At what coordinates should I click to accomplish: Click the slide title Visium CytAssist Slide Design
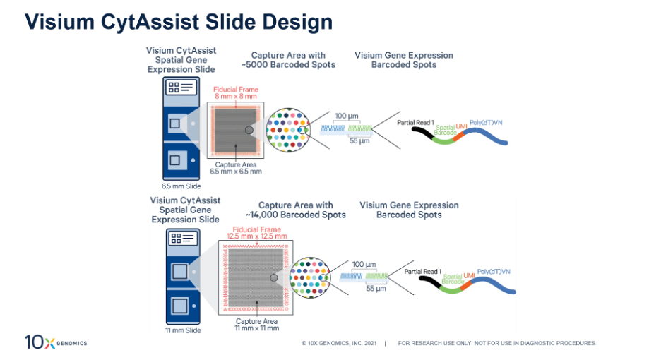click(x=179, y=22)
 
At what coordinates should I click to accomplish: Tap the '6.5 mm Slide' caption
click(x=181, y=186)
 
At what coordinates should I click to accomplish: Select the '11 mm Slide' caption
click(x=183, y=330)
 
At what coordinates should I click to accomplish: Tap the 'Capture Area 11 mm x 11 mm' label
click(x=257, y=325)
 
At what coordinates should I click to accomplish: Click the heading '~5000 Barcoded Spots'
click(x=293, y=60)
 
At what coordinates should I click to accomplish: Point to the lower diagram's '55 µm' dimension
click(x=375, y=289)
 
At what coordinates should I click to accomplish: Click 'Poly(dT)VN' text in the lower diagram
click(x=494, y=272)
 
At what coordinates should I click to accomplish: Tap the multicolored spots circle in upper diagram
click(x=288, y=129)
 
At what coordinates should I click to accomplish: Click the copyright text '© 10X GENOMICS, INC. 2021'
click(x=339, y=344)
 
